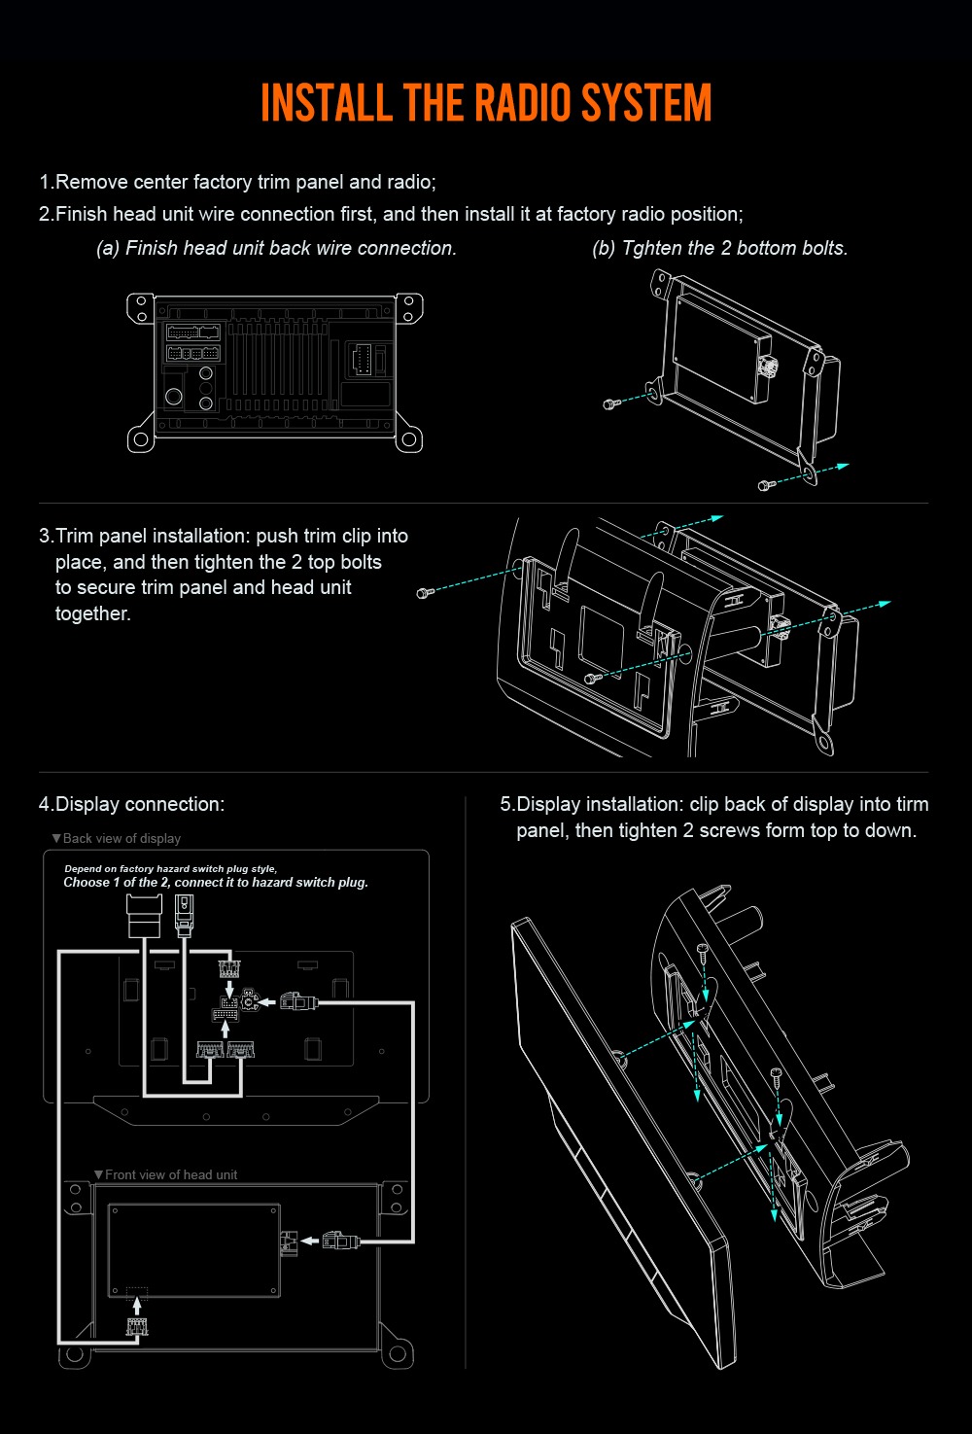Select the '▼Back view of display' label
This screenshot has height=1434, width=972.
coord(117,838)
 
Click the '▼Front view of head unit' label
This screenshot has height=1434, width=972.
coord(166,1174)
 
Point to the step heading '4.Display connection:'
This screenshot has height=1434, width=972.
coord(132,804)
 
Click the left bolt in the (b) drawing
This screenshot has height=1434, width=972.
coord(611,403)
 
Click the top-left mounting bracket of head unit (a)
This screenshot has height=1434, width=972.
coord(141,308)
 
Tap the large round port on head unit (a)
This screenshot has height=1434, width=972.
coord(173,397)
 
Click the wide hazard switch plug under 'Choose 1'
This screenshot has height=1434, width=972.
coord(145,916)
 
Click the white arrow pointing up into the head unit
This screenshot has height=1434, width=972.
coord(136,1306)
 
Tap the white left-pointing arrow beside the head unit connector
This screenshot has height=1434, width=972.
coord(310,1241)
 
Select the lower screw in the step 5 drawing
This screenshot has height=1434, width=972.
coord(777,1075)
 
